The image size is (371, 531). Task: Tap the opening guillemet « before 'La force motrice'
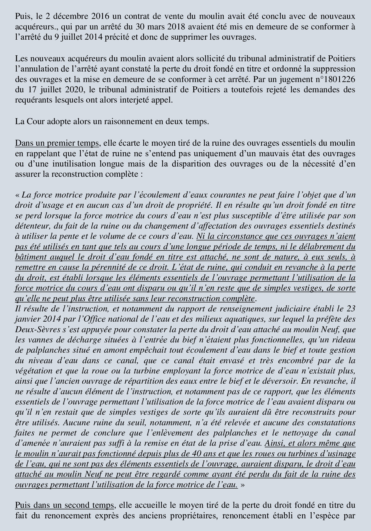18,195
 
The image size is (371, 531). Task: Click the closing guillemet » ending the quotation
242,485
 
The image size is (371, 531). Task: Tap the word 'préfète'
330,319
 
